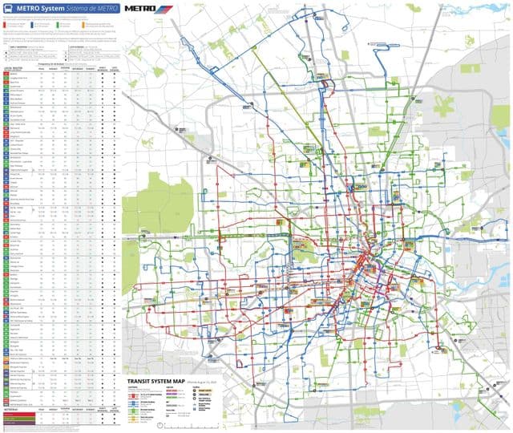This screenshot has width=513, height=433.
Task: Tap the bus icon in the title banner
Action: pos(9,8)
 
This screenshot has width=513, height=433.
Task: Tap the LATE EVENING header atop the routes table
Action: pos(114,67)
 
